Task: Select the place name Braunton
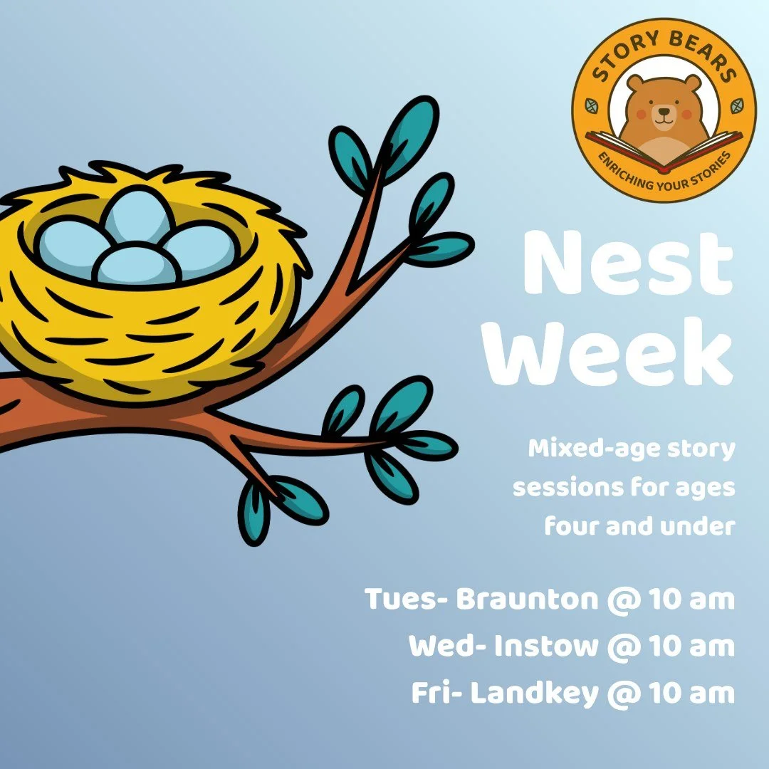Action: click(x=527, y=600)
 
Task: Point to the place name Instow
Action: click(x=546, y=647)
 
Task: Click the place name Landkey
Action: click(x=535, y=694)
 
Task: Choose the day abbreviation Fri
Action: click(x=431, y=694)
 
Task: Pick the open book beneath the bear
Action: click(x=663, y=154)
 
